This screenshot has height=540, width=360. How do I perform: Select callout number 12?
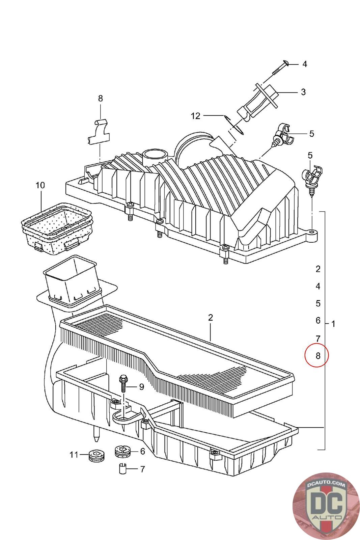(195, 116)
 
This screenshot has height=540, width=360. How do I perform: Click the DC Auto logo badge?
(324, 506)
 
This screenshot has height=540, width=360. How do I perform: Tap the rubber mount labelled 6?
(123, 451)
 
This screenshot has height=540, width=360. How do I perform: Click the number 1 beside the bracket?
(333, 324)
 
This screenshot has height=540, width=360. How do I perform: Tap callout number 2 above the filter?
(211, 318)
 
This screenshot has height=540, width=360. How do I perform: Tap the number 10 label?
(40, 185)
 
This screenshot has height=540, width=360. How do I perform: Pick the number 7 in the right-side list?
(318, 338)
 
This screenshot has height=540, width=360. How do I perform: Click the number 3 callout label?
(303, 92)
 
